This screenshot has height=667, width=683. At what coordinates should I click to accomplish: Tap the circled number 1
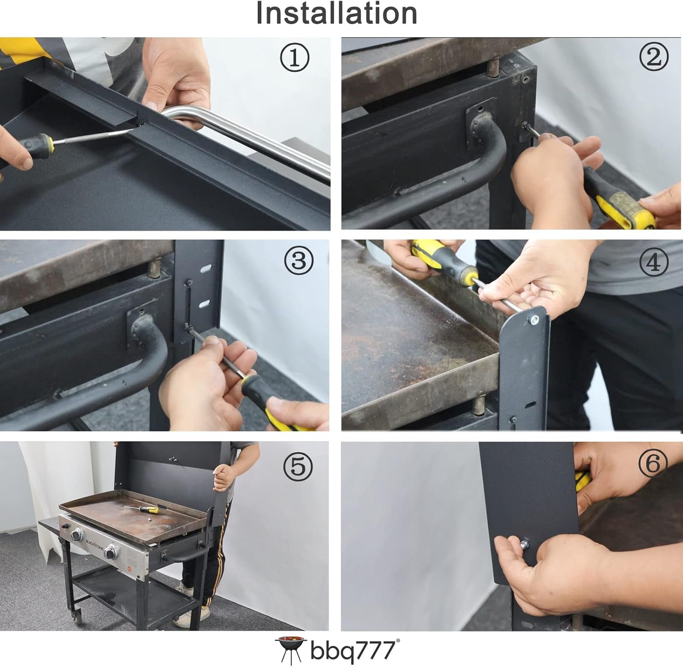(x=295, y=58)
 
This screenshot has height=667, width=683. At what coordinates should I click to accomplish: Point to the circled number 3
(x=299, y=261)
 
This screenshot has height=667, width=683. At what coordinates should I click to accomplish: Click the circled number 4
(x=654, y=262)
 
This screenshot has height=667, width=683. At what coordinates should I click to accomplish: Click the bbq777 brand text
(x=353, y=650)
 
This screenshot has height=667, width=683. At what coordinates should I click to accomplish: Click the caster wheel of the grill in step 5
(x=78, y=617)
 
